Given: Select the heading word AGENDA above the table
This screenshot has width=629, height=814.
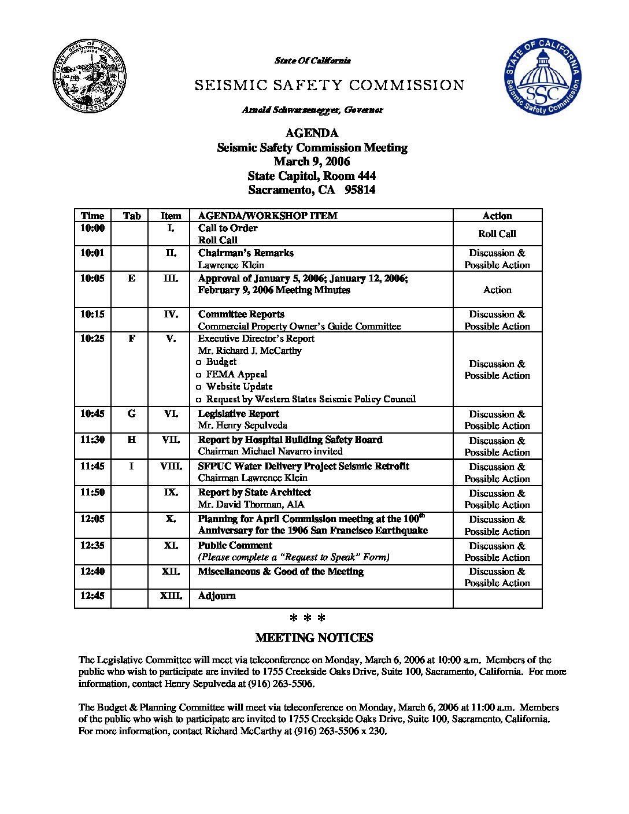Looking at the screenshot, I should pos(312,134).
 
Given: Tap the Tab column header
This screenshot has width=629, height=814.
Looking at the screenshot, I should pos(132,216).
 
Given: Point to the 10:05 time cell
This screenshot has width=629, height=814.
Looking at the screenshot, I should pos(92,278).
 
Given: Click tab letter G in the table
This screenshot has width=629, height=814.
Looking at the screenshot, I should pos(132,413).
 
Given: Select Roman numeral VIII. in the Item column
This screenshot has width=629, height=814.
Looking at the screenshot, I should pos(171,466).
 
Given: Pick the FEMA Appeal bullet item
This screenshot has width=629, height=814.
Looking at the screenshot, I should pos(236,374).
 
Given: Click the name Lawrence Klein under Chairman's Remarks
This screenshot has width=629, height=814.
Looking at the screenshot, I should pos(231,265).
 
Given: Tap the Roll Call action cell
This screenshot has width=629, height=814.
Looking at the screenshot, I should pos(497,234).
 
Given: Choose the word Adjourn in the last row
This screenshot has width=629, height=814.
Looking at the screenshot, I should pos(217,595).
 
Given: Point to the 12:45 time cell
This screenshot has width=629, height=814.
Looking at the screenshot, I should pos(92,595).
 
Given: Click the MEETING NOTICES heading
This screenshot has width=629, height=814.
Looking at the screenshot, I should pos(314,638).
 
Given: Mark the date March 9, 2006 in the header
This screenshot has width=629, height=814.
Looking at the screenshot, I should pos(312,162).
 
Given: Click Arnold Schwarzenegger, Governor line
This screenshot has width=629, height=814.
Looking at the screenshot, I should pos(312,110).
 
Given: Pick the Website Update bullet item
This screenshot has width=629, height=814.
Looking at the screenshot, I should pos(239,386).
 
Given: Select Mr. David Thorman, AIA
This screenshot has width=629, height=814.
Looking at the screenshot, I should pos(251,504).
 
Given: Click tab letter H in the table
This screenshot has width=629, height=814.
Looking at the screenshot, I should pos(132,439).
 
